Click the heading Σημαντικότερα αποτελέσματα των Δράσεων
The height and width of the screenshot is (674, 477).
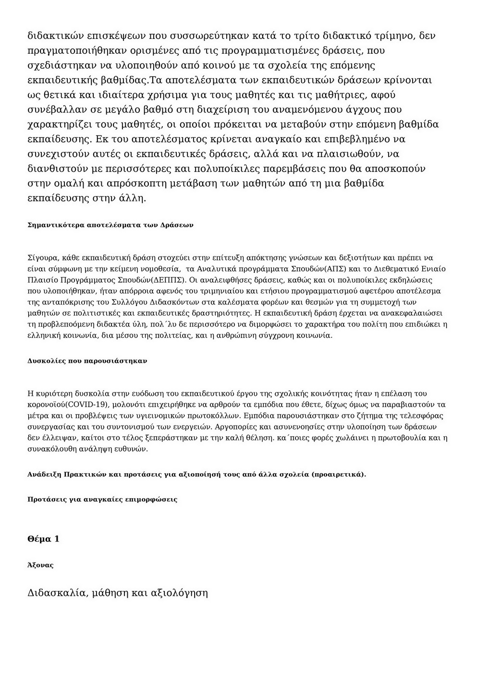(110, 225)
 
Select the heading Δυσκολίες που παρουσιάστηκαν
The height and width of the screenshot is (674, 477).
(87, 360)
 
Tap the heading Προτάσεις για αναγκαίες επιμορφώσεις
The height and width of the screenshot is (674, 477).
(102, 499)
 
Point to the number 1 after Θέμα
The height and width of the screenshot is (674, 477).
(57, 539)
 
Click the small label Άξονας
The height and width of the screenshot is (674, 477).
(41, 565)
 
